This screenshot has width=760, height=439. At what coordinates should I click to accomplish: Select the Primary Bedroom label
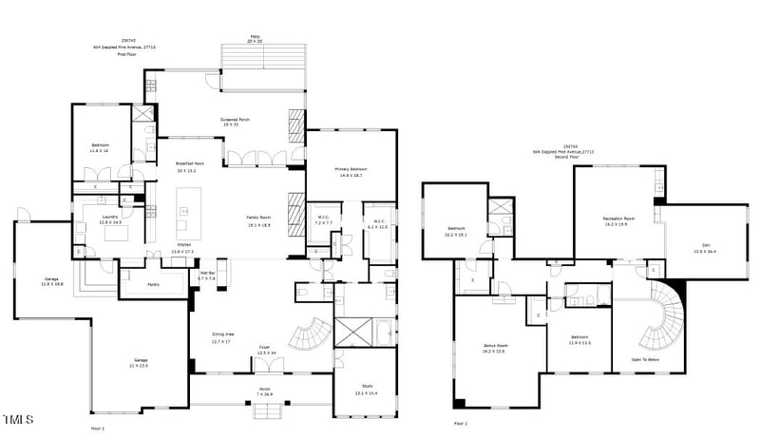351,172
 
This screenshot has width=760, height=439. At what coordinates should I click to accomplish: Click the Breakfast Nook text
191,167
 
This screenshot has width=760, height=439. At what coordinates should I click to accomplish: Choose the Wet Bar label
206,276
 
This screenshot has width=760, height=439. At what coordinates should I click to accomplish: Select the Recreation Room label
618,221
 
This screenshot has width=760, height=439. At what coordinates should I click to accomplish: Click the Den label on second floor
704,248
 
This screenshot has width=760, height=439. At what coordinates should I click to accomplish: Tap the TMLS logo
18,419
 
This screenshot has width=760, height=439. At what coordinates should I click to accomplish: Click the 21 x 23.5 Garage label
138,363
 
